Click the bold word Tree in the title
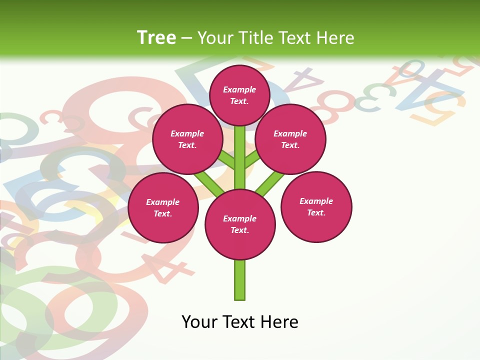point(156,37)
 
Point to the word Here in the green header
point(336,38)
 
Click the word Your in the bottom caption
point(199,322)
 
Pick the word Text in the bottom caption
point(238,322)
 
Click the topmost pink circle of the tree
point(239,95)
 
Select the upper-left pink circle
point(187,139)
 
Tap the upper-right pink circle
point(290,139)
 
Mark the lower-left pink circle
point(163,207)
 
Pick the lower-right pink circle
point(316,206)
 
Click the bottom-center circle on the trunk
point(240,224)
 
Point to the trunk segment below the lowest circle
point(240,280)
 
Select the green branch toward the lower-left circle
point(209,183)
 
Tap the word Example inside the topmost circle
point(239,89)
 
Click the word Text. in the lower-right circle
point(316,212)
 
